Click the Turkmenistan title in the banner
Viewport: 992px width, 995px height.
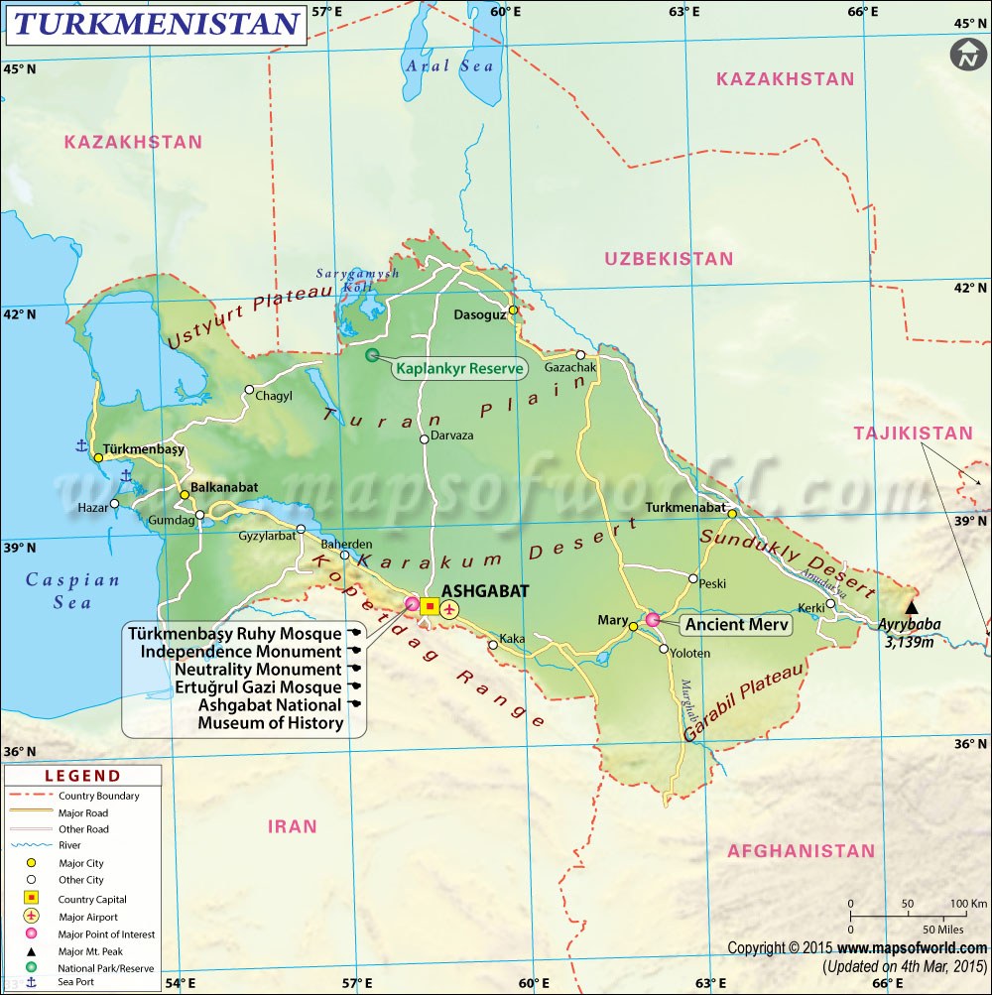tap(156, 24)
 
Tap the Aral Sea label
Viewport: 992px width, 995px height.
tap(448, 65)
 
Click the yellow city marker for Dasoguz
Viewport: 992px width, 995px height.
tap(513, 310)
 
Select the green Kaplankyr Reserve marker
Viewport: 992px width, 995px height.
tap(372, 355)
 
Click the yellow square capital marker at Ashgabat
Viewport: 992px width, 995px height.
tap(430, 606)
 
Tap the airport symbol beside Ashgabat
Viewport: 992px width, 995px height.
tap(449, 607)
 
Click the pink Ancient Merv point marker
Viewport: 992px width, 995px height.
tap(653, 620)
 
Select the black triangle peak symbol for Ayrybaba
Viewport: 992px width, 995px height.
tap(912, 607)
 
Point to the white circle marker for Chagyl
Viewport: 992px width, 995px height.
tap(250, 390)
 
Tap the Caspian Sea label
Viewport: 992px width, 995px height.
tap(72, 591)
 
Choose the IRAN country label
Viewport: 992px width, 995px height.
tap(293, 825)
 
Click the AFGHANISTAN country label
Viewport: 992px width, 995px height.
tap(802, 851)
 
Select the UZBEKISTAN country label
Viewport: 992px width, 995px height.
tap(670, 259)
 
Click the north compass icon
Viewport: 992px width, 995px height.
tap(964, 56)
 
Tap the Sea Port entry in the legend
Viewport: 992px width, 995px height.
tap(78, 983)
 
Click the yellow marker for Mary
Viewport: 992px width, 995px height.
tap(633, 626)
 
